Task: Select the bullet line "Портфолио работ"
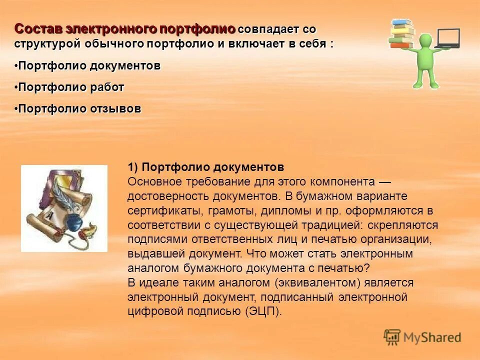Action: (70, 87)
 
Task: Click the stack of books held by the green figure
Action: (402, 33)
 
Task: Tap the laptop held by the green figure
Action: (448, 38)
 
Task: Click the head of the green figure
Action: (425, 40)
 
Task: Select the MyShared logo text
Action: (432, 337)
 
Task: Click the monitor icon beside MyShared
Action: (392, 337)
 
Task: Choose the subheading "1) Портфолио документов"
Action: (205, 167)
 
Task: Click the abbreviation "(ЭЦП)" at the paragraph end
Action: (263, 311)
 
